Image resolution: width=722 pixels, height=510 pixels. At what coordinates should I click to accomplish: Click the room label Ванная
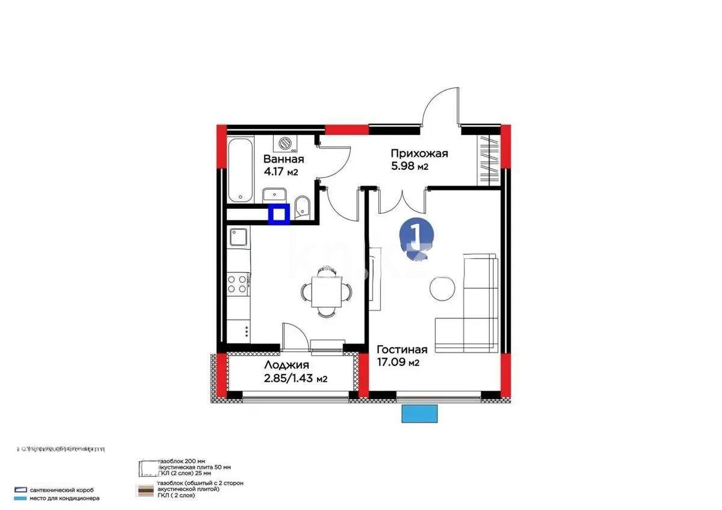[x=283, y=159]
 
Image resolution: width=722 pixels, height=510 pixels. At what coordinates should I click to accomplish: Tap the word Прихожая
[x=419, y=154]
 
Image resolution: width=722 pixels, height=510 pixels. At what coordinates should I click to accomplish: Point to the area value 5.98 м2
[x=409, y=166]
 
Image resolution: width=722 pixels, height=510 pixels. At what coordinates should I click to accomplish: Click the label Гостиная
[x=402, y=350]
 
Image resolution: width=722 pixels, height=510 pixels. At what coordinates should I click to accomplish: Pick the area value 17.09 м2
[x=398, y=362]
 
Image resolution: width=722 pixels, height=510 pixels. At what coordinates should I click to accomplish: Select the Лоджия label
[x=286, y=365]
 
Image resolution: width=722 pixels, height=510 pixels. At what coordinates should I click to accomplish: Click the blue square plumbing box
[x=279, y=214]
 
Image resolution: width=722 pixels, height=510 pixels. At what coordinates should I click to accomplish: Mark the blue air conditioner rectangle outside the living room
[x=419, y=413]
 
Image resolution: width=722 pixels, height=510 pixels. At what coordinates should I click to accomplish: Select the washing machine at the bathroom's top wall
[x=283, y=142]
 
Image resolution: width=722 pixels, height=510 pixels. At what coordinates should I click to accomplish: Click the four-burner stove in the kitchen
[x=238, y=284]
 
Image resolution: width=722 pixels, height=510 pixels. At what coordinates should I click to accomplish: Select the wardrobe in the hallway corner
[x=488, y=160]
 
